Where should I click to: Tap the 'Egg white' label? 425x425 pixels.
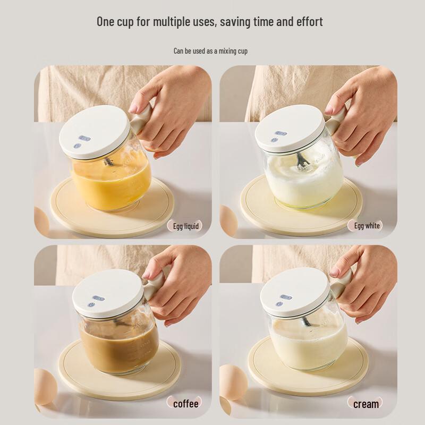click(x=367, y=226)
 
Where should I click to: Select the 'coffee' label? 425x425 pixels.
click(x=185, y=404)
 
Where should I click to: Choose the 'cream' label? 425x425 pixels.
click(x=366, y=404)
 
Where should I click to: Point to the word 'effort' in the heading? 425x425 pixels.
click(x=307, y=22)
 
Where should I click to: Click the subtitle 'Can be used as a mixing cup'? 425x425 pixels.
click(x=210, y=51)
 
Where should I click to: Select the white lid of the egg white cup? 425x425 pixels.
click(x=290, y=128)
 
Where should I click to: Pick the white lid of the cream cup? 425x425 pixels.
click(x=295, y=292)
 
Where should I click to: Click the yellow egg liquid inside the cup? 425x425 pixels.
click(x=112, y=183)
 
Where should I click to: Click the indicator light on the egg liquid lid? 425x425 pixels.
click(x=84, y=139)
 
